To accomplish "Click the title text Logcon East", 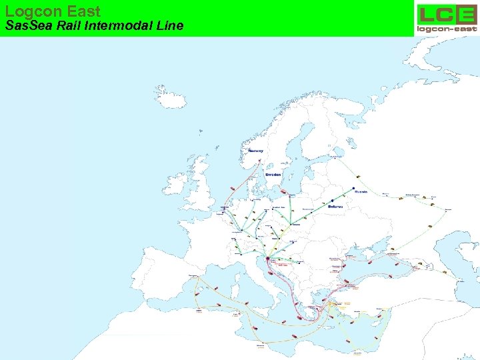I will coord(53,11).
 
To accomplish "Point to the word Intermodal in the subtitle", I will coord(114,27).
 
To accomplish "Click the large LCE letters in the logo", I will coord(446,14).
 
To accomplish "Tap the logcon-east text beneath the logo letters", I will coord(447,29).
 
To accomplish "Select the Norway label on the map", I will coord(256,151).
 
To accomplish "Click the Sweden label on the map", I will coord(273,175).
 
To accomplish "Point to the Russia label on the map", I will coord(361,191).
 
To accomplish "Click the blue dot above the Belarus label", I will coord(332,200).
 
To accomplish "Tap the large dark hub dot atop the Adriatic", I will coord(268,258).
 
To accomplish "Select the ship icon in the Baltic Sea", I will coord(284,191).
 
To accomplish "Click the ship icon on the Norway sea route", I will coord(231,189).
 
